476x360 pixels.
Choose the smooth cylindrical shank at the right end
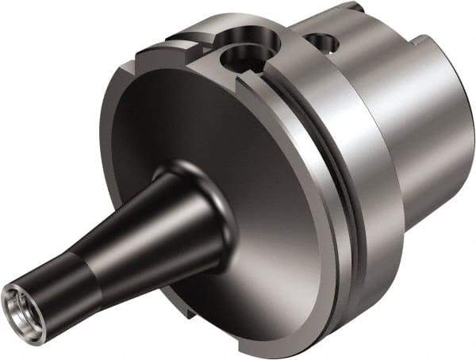pyautogui.click(x=420, y=103)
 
